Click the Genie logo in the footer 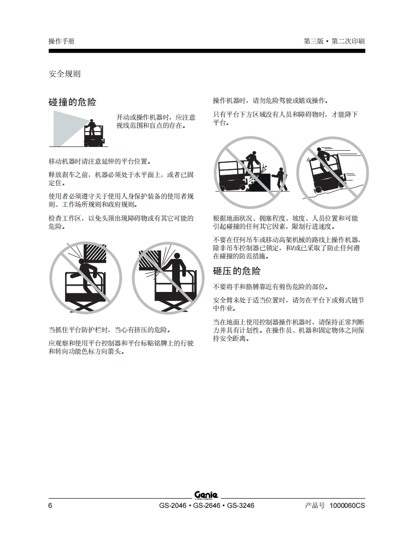pyautogui.click(x=207, y=495)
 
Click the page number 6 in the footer pyautogui.click(x=50, y=506)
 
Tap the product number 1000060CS pyautogui.click(x=347, y=506)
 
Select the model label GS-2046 pyautogui.click(x=173, y=506)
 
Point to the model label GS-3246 pyautogui.click(x=240, y=506)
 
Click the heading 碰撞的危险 pyautogui.click(x=73, y=102)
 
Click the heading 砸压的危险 pyautogui.click(x=237, y=271)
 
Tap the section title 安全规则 pyautogui.click(x=65, y=74)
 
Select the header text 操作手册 pyautogui.click(x=61, y=42)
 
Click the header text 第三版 pyautogui.click(x=314, y=42)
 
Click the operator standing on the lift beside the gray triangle pyautogui.click(x=91, y=127)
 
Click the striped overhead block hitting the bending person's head pyautogui.click(x=95, y=253)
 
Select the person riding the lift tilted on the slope pyautogui.click(x=323, y=158)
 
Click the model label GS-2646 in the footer pyautogui.click(x=207, y=506)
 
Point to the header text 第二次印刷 pyautogui.click(x=348, y=42)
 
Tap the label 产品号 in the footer pyautogui.click(x=315, y=506)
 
